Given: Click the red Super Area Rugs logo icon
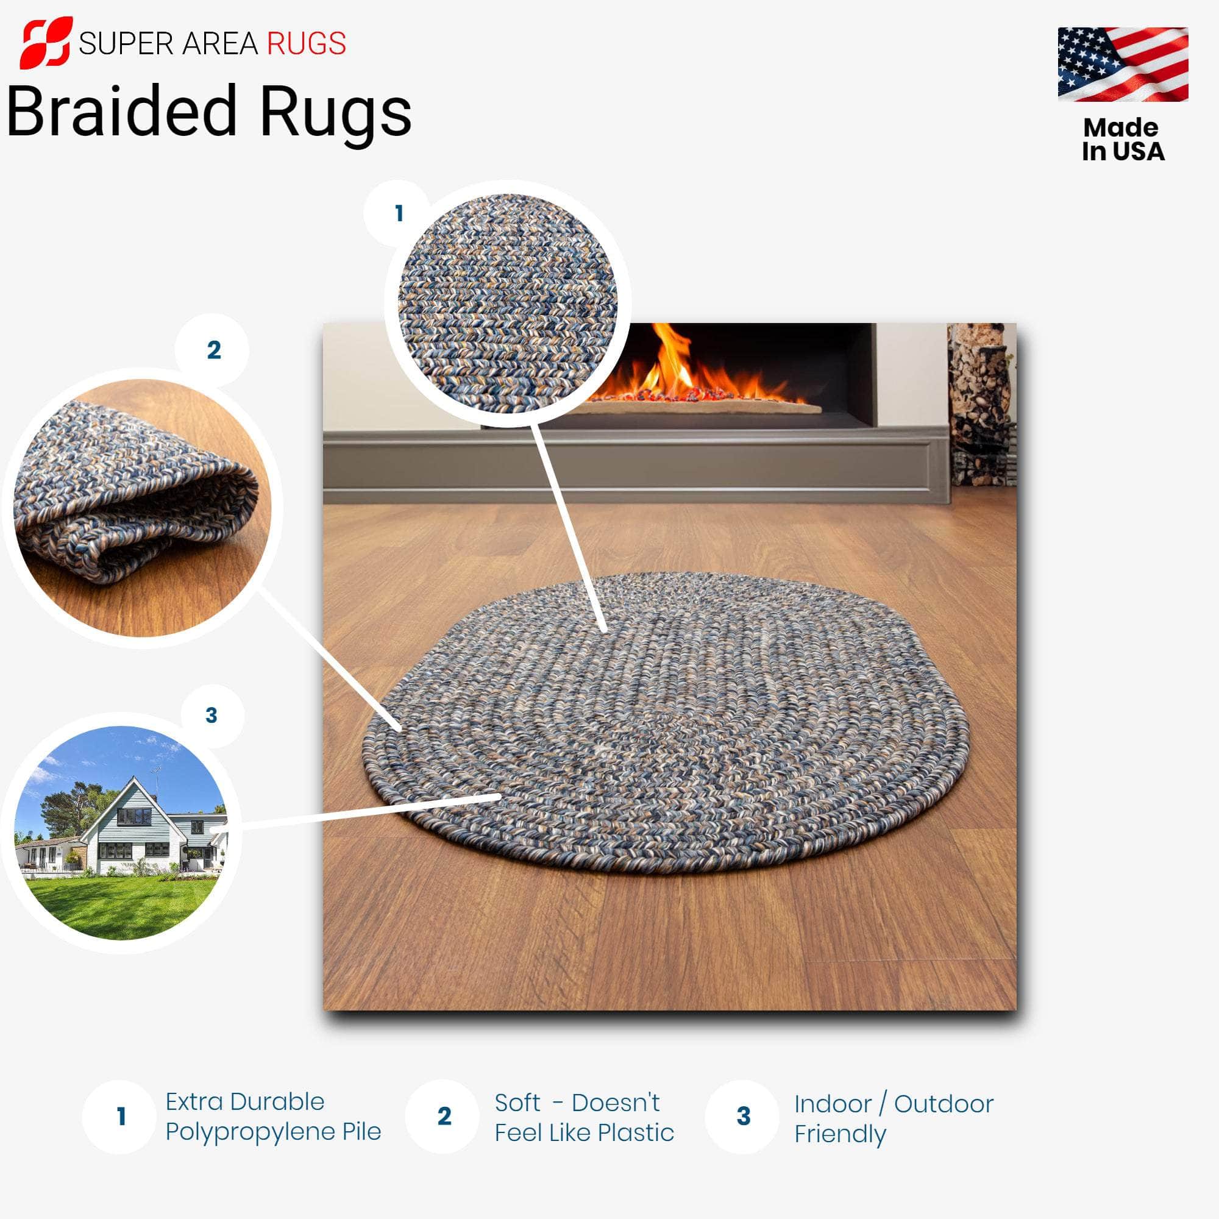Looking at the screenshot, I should tap(46, 43).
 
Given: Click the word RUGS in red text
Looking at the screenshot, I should tap(306, 44).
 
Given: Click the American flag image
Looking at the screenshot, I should tap(1123, 64).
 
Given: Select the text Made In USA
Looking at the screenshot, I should tap(1123, 140).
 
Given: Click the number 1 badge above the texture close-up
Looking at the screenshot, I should tap(398, 213).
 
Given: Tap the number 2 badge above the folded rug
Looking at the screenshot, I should tap(213, 350).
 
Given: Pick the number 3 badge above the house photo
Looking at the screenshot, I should tap(211, 715).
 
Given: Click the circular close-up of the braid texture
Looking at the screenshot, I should tap(508, 303).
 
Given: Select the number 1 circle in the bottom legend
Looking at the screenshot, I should tap(121, 1116).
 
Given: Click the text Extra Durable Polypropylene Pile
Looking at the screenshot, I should tap(272, 1116).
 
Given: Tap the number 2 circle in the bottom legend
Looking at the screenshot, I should tap(444, 1116).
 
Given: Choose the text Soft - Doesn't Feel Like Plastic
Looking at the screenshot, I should tap(584, 1117).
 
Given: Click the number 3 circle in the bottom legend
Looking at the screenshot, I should tap(743, 1116).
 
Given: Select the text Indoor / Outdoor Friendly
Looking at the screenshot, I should tap(893, 1118).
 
